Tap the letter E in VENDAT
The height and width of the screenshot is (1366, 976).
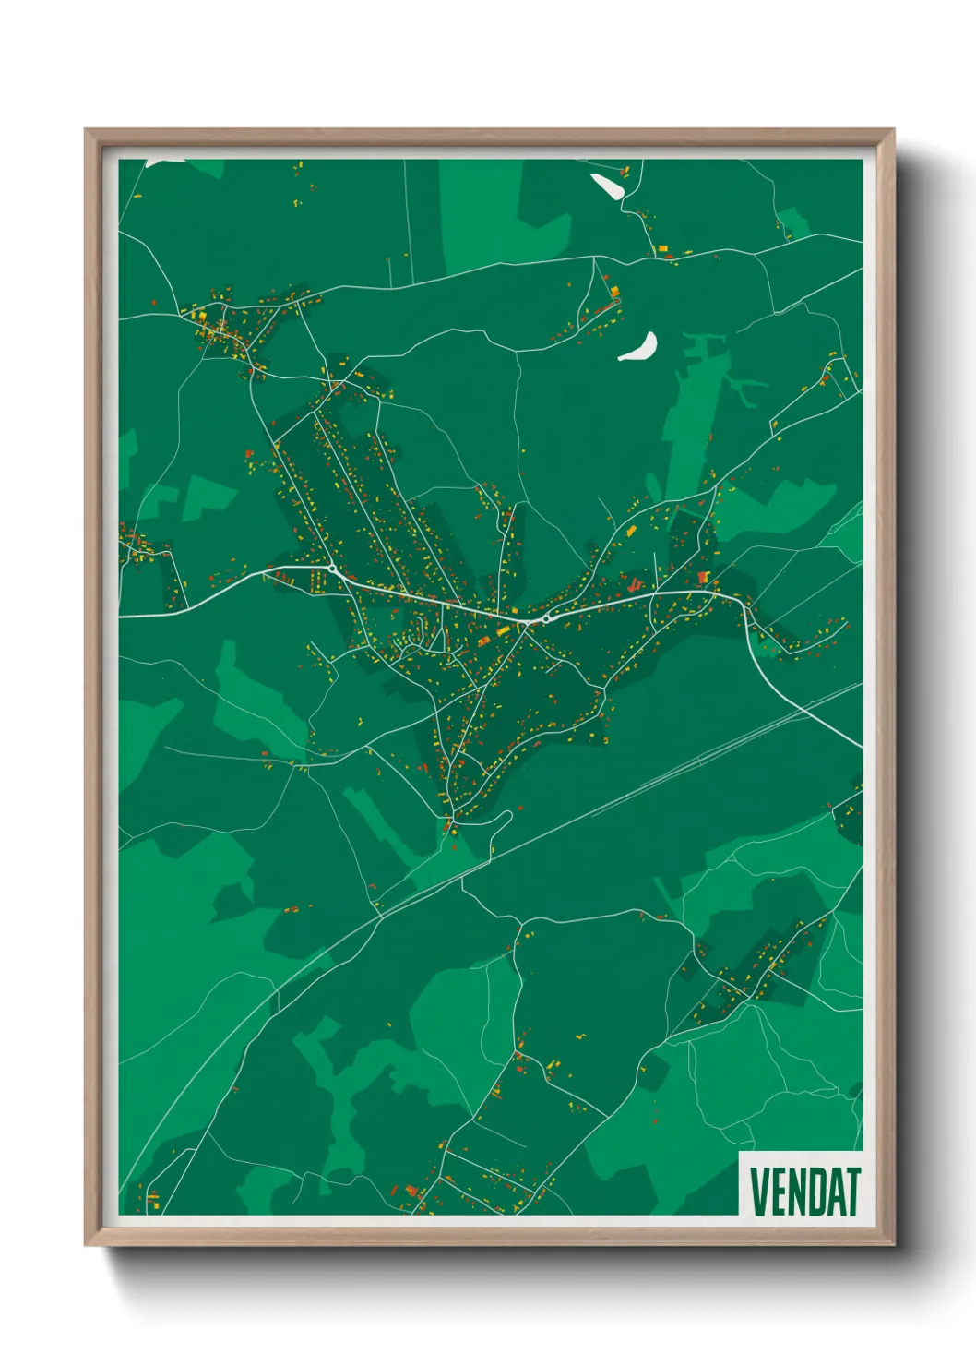pos(780,1192)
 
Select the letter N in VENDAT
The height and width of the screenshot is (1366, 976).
pos(800,1192)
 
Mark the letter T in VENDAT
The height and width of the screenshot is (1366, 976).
pos(853,1192)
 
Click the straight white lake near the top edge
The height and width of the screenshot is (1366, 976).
pos(606,186)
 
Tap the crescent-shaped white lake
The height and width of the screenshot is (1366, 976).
pos(639,348)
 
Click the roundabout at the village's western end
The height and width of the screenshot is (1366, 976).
pos(331,569)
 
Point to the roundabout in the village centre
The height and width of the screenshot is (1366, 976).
pos(546,619)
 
